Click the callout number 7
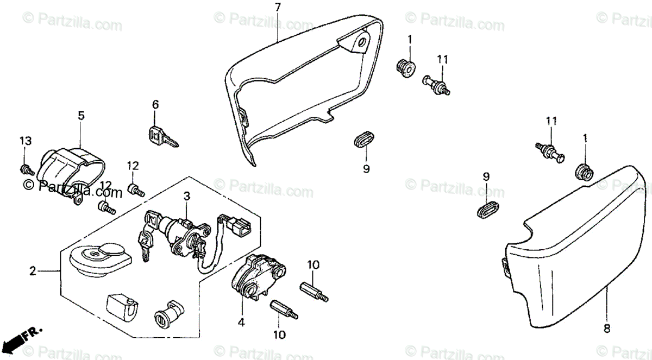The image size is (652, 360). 278,8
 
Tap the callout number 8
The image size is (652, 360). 607,329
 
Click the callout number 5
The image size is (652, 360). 81,115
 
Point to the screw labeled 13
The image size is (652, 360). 25,169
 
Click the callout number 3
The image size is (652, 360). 186,196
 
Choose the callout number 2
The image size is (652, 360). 33,270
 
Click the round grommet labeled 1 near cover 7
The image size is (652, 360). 405,68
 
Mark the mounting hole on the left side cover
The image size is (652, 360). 361,43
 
